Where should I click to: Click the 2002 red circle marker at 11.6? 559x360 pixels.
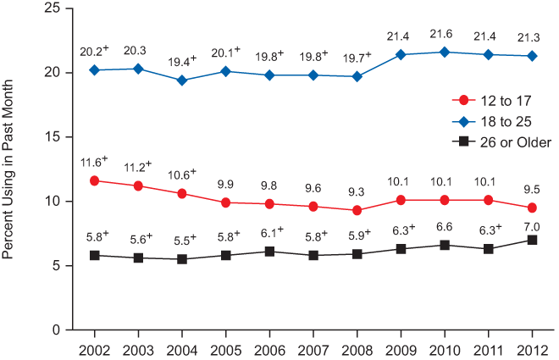(94, 180)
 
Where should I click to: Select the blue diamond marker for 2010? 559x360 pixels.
(444, 52)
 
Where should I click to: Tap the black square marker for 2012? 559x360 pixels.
(531, 240)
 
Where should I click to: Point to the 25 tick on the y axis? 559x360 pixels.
(53, 8)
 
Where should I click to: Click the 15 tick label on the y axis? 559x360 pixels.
(53, 136)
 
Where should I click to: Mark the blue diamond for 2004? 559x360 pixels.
(181, 80)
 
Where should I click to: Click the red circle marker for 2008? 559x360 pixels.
(357, 210)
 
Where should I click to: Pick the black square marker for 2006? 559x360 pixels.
(269, 252)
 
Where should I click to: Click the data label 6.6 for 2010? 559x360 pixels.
(444, 225)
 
